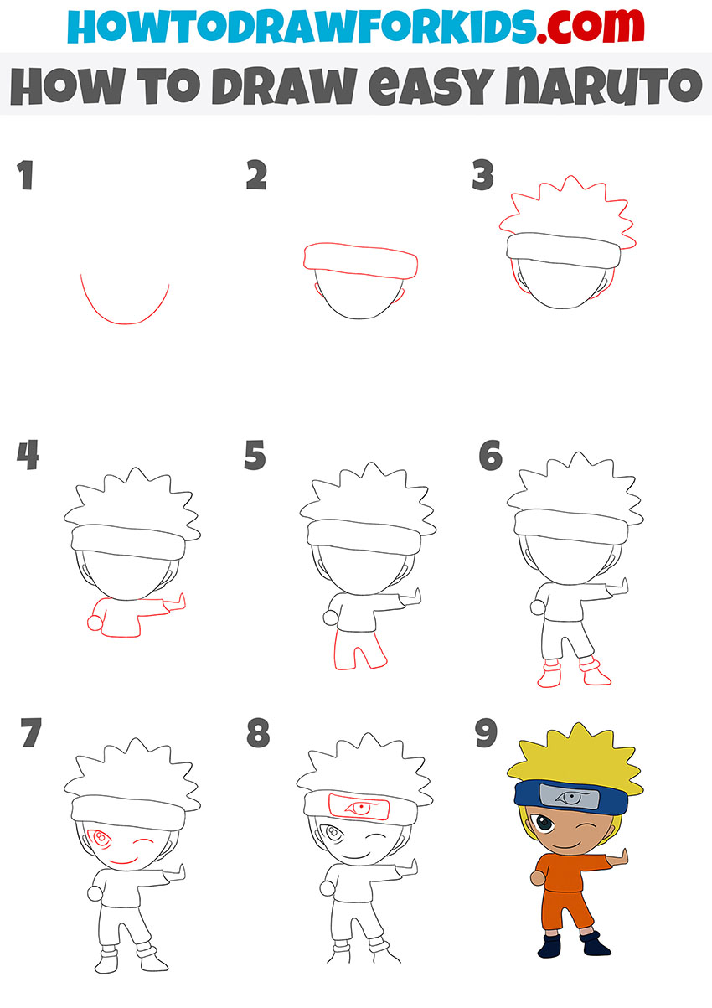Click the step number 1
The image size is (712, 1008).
[x=25, y=176]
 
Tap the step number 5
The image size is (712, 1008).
[x=255, y=457]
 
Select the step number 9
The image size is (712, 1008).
[x=486, y=735]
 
